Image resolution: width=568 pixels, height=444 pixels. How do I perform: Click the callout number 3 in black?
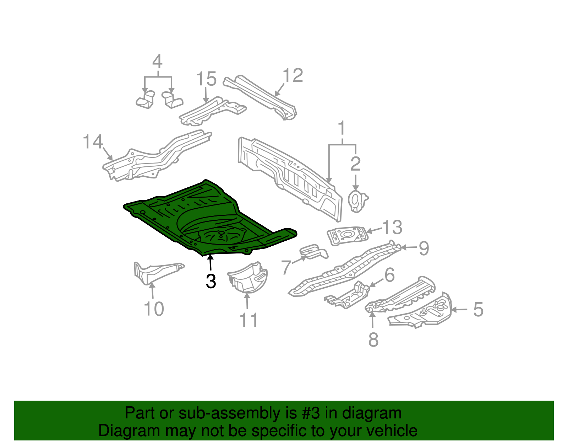(x=211, y=281)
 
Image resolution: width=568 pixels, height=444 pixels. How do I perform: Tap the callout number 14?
(x=93, y=141)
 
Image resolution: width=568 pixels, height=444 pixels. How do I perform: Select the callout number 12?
(x=293, y=75)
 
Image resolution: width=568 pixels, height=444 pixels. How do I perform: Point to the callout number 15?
(x=206, y=79)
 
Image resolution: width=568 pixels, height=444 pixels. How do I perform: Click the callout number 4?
(x=157, y=61)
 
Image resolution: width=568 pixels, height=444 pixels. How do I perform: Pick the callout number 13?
(x=392, y=227)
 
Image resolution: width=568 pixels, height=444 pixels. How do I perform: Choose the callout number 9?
(x=424, y=248)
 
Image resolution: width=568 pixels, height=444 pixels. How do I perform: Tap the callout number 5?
(x=478, y=309)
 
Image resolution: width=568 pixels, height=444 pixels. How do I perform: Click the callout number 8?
(x=373, y=339)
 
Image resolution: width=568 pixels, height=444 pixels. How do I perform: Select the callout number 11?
(x=249, y=320)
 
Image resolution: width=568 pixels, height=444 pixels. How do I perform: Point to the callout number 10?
(x=154, y=309)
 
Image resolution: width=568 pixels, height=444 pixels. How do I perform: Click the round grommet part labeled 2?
(x=356, y=201)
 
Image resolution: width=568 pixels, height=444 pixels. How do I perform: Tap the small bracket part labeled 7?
(x=313, y=252)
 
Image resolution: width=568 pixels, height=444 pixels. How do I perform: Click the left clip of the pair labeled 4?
(x=146, y=99)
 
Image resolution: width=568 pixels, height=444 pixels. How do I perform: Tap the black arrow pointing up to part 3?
(x=211, y=264)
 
